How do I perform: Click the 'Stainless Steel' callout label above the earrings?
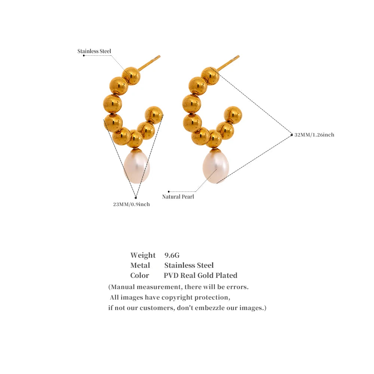94,51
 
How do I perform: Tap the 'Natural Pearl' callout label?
178,197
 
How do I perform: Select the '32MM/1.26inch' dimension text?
314,135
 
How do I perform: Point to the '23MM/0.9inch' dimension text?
131,204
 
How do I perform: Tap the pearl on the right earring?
216,166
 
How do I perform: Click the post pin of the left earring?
149,63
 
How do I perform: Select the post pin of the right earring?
228,63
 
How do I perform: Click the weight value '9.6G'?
172,255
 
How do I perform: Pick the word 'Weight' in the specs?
143,255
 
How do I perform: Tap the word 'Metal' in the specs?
140,265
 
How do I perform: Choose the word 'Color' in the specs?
140,276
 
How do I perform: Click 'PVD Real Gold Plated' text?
200,276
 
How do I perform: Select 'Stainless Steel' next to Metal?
189,265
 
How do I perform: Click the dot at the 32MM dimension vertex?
291,135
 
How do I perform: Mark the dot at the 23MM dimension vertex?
136,198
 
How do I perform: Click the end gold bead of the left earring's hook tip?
154,115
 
